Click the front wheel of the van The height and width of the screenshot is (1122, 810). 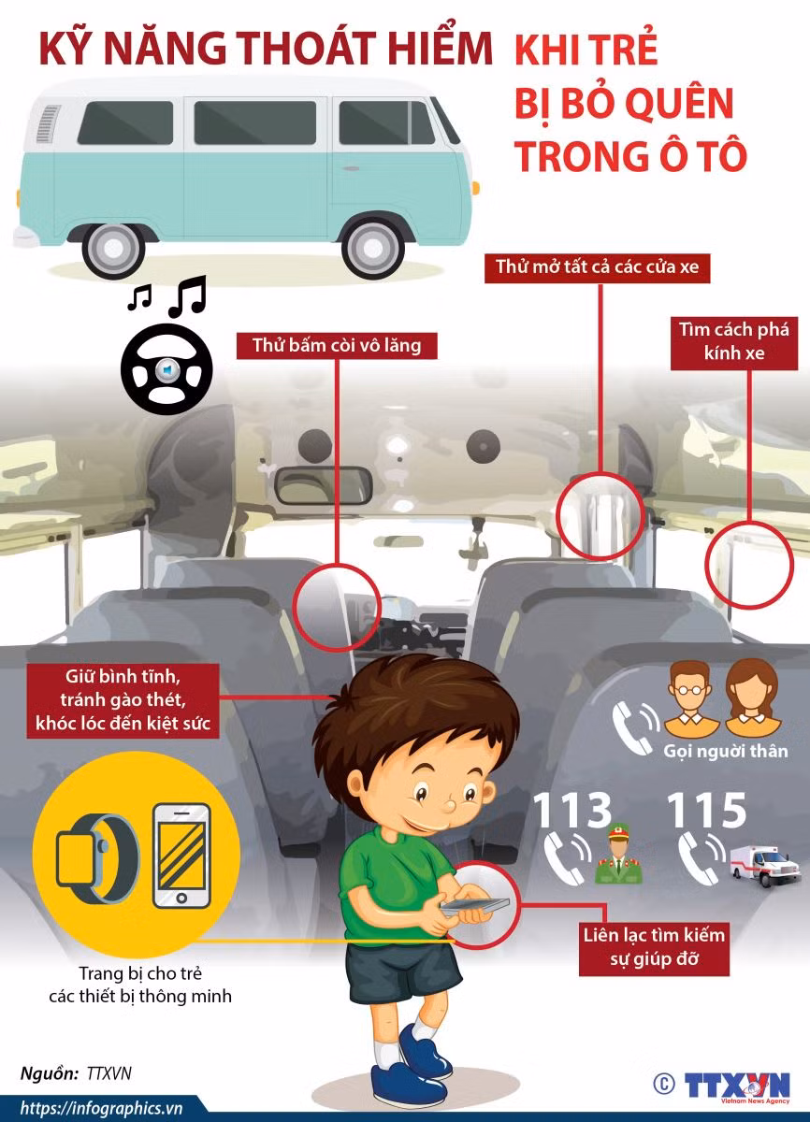coord(373,247)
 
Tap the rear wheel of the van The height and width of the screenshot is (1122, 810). coord(114,248)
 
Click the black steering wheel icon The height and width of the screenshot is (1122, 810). coord(166,369)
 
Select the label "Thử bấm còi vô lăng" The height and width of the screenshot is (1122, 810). coord(337,346)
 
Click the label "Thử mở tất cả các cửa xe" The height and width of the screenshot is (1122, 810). coord(597,266)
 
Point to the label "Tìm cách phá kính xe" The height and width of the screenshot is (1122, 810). coord(734,341)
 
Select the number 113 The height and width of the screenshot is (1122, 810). coord(572,810)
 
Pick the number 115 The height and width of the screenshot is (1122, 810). coord(706,810)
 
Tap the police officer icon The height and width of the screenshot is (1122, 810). coord(618,855)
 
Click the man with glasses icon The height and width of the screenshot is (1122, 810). coord(689,699)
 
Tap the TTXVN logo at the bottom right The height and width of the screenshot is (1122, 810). coord(737,1086)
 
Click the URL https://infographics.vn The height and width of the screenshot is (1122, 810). coord(102,1109)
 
